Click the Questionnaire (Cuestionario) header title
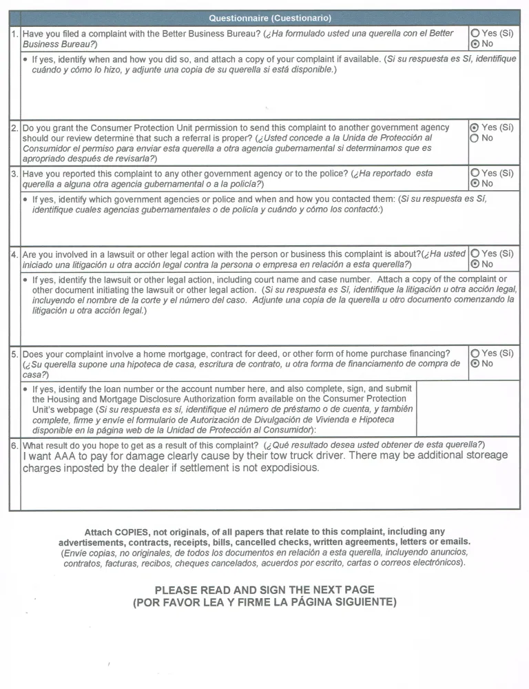point(270,18)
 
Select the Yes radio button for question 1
point(475,33)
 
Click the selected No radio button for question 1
point(475,43)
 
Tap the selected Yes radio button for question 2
point(474,127)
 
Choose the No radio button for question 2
point(474,138)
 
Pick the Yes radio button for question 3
point(475,173)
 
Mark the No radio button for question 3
point(475,183)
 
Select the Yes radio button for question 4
point(475,254)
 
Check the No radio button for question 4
point(475,264)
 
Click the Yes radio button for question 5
point(475,353)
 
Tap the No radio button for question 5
point(475,364)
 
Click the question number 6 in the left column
point(14,444)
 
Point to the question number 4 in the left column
point(14,254)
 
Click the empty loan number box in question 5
point(468,407)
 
